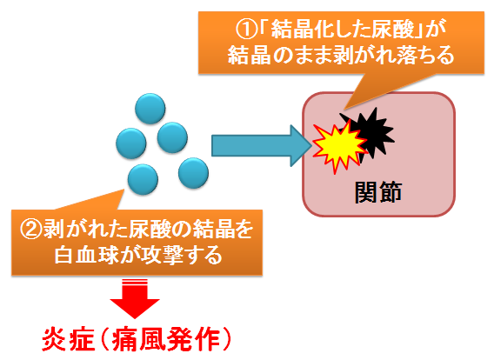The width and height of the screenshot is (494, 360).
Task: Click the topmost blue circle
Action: (150, 109)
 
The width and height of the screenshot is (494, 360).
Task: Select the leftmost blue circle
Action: (131, 143)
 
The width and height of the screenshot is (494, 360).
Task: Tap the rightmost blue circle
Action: (193, 173)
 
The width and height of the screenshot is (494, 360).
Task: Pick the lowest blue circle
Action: (143, 179)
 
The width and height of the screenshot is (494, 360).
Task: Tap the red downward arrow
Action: (135, 298)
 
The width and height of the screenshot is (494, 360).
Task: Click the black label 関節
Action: (378, 192)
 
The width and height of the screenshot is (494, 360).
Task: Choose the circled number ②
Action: (31, 230)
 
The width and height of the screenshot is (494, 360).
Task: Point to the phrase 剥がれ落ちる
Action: (403, 56)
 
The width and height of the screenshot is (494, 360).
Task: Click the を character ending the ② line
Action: (243, 230)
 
